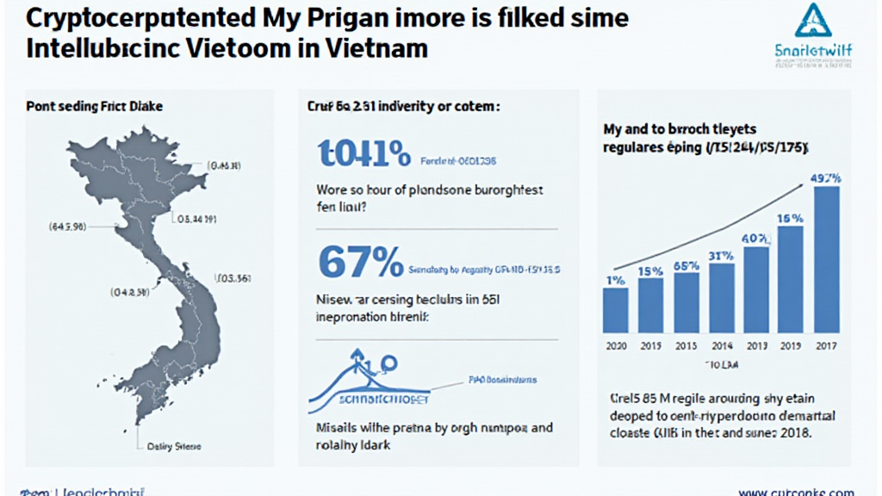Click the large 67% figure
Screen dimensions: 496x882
[360, 262]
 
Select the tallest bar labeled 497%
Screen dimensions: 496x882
[826, 259]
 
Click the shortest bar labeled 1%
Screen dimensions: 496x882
[615, 310]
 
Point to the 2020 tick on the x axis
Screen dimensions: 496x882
[615, 345]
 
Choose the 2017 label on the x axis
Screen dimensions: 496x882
[826, 345]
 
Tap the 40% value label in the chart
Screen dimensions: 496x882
[755, 239]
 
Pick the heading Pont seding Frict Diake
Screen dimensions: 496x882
[95, 107]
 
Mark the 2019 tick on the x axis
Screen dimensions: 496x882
[791, 345]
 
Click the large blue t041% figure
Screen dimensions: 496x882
[363, 154]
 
